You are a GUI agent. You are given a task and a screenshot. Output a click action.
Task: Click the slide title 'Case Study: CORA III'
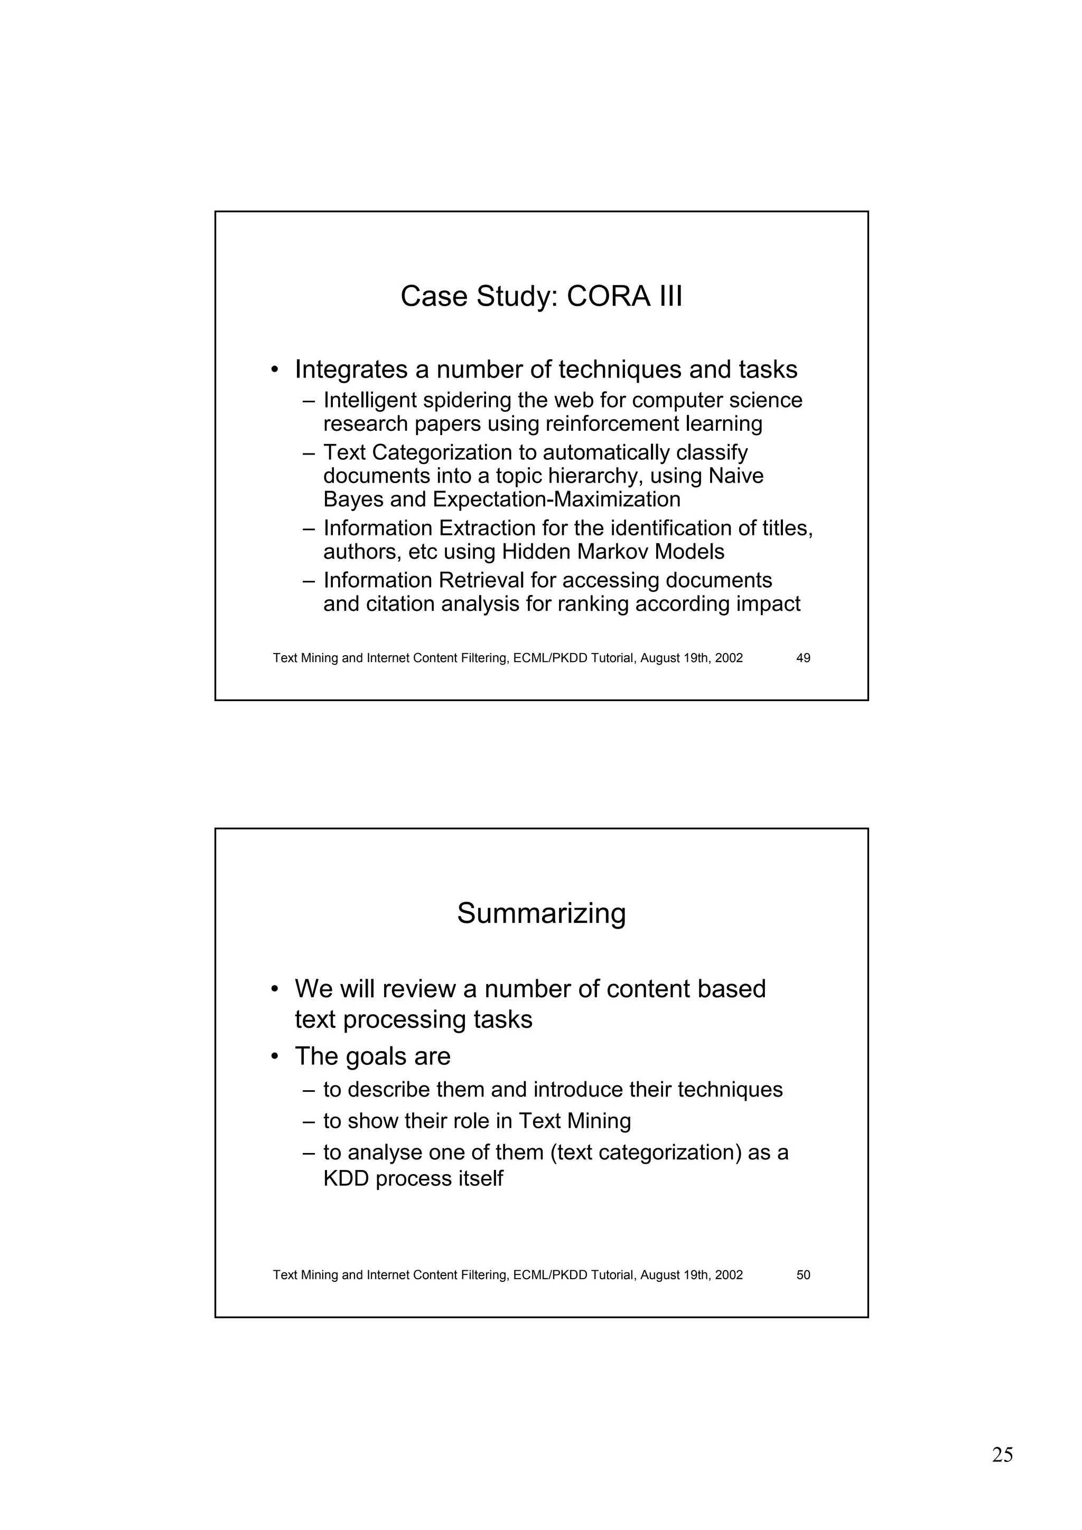point(542,297)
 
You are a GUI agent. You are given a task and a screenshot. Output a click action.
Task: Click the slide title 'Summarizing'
point(542,913)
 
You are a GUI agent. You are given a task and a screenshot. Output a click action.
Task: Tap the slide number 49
point(804,658)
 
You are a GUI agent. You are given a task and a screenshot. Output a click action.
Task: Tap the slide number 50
point(804,1275)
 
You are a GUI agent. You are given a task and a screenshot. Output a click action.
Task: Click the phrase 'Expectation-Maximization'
point(557,500)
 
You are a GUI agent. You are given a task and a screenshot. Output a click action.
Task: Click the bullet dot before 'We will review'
point(275,989)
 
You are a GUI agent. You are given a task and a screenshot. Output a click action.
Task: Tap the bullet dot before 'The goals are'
point(275,1057)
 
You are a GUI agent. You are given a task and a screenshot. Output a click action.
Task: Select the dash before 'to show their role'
point(308,1121)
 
